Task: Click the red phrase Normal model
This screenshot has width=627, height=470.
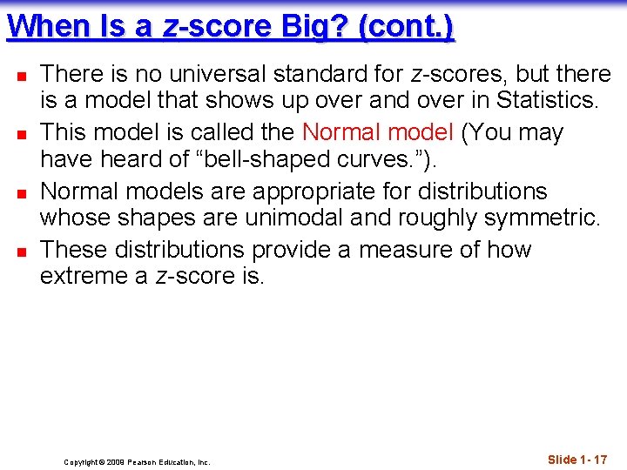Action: pyautogui.click(x=377, y=132)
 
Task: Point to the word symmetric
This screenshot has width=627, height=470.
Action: pyautogui.click(x=536, y=218)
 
